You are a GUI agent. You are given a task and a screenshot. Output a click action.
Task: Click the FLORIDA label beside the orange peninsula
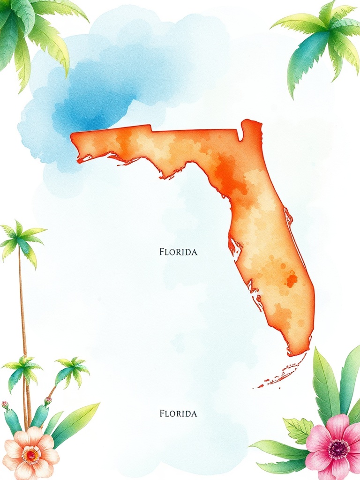[x=178, y=252]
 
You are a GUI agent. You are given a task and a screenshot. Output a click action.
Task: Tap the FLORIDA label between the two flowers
[x=178, y=413]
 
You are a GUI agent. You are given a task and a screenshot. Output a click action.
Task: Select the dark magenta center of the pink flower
[x=338, y=449]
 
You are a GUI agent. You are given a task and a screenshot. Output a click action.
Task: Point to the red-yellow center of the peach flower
[x=31, y=454]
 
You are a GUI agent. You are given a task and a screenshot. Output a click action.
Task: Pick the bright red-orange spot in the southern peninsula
[x=291, y=280]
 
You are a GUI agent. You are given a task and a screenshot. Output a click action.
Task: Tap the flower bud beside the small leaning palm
[x=47, y=401]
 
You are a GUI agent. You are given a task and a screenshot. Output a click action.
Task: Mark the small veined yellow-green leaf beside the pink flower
[x=299, y=429]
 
